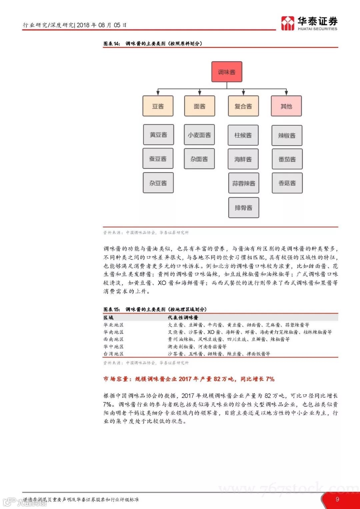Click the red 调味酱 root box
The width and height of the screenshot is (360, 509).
227,72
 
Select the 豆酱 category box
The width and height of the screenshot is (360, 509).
158,106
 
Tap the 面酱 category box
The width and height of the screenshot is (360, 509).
199,106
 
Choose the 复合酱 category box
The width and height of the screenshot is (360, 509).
243,106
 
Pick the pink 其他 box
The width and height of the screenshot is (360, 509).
286,106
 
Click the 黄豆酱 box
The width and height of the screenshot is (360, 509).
158,135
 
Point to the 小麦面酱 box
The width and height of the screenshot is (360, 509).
199,135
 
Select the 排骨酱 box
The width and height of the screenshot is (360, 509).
244,207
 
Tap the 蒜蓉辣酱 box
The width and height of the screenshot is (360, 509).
244,183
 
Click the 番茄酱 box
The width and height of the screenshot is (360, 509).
287,159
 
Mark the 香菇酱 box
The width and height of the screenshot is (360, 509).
287,183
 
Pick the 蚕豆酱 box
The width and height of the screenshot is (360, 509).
158,158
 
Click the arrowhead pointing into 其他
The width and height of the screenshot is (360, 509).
286,93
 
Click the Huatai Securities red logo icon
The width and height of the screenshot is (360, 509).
288,23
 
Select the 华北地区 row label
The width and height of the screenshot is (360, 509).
113,325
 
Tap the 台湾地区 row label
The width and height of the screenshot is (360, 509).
113,354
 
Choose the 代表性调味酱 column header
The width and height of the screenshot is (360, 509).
183,318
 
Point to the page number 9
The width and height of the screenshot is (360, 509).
337,499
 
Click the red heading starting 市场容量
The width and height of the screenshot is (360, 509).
189,379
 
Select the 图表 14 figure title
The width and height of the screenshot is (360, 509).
153,44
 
